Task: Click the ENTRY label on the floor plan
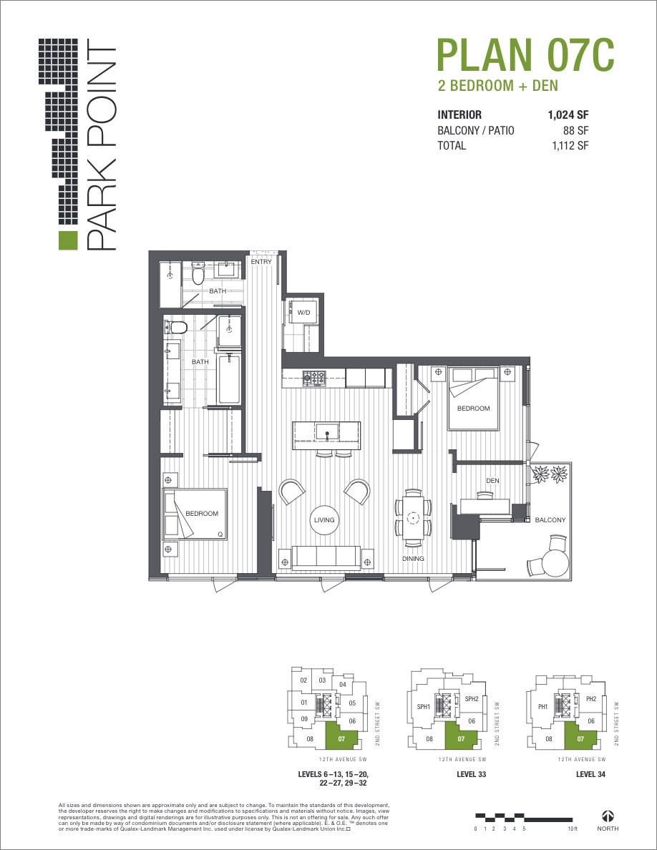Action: pos(261,262)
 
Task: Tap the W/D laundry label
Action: pos(303,313)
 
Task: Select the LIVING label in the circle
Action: pos(324,520)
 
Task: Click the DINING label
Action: pos(413,559)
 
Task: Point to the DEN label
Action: pos(492,481)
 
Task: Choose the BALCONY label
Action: pos(550,520)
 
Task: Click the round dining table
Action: pos(413,517)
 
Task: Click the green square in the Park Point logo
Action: pos(67,242)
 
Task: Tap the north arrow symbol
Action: pos(608,816)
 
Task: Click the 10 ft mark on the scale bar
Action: pos(572,829)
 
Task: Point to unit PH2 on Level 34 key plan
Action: pos(590,699)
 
